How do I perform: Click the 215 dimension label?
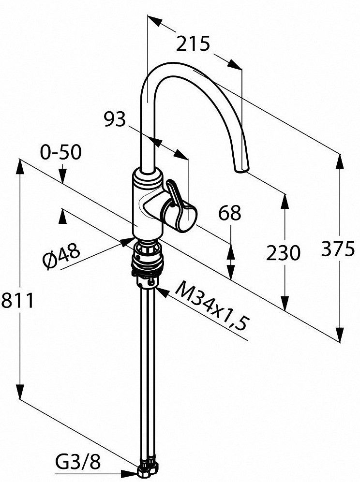pyautogui.click(x=193, y=44)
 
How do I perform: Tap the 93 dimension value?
pyautogui.click(x=115, y=119)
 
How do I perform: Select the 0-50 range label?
pyautogui.click(x=61, y=152)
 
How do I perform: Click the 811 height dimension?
pyautogui.click(x=17, y=300)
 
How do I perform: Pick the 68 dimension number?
pyautogui.click(x=229, y=213)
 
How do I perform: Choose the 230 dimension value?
pyautogui.click(x=283, y=253)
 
